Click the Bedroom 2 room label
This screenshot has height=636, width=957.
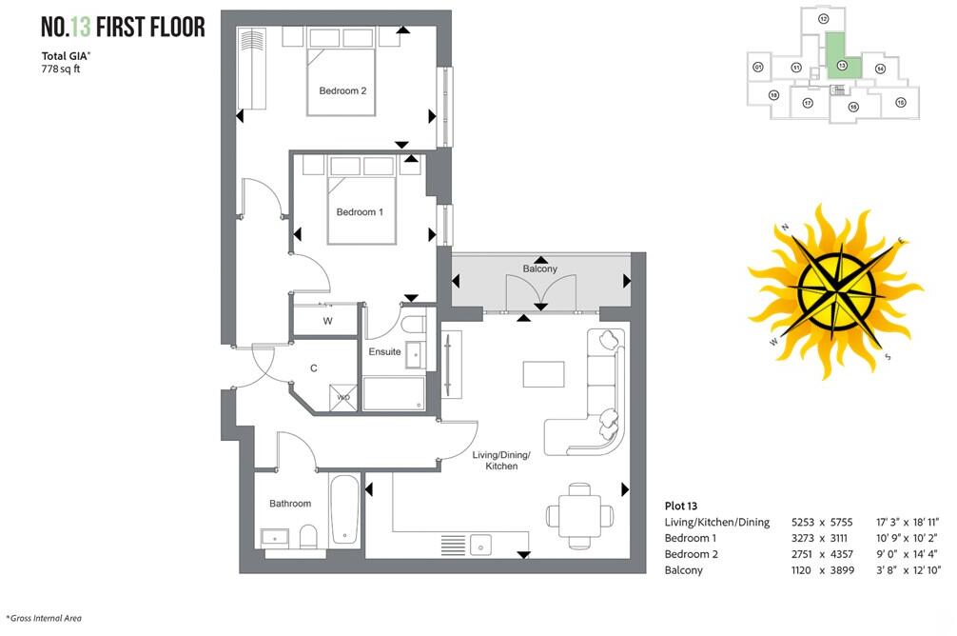tap(342, 91)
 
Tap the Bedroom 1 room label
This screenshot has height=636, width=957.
tap(360, 212)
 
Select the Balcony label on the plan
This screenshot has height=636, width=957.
tap(539, 269)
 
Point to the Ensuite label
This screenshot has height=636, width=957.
tap(384, 352)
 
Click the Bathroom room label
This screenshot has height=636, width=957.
tap(290, 504)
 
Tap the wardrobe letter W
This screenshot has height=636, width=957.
tap(327, 321)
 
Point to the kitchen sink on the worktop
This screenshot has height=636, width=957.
tap(482, 544)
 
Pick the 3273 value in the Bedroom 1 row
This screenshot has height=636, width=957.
tap(804, 539)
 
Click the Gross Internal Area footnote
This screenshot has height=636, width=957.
tap(44, 618)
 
